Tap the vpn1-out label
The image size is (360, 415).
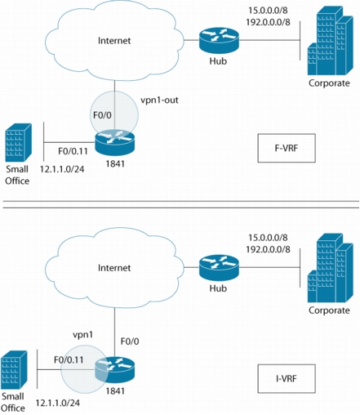click(159, 100)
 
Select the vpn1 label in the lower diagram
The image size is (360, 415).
click(83, 334)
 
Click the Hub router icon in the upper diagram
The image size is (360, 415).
click(219, 41)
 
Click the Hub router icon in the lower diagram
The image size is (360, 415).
click(219, 268)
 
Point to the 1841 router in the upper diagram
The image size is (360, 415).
click(115, 143)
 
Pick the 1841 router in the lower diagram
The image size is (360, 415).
click(115, 371)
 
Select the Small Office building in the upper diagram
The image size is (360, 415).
click(19, 143)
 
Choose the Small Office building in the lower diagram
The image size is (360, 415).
click(14, 370)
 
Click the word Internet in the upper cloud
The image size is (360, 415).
click(114, 41)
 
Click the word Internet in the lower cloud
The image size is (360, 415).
click(114, 268)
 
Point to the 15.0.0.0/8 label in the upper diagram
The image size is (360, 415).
click(268, 11)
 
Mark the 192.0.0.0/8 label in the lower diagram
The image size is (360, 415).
click(268, 249)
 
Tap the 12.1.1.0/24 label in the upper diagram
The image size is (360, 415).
click(62, 169)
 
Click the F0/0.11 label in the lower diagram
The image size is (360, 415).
click(69, 359)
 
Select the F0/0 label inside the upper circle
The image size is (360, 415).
click(102, 115)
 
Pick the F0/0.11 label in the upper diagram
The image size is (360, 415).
click(73, 151)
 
